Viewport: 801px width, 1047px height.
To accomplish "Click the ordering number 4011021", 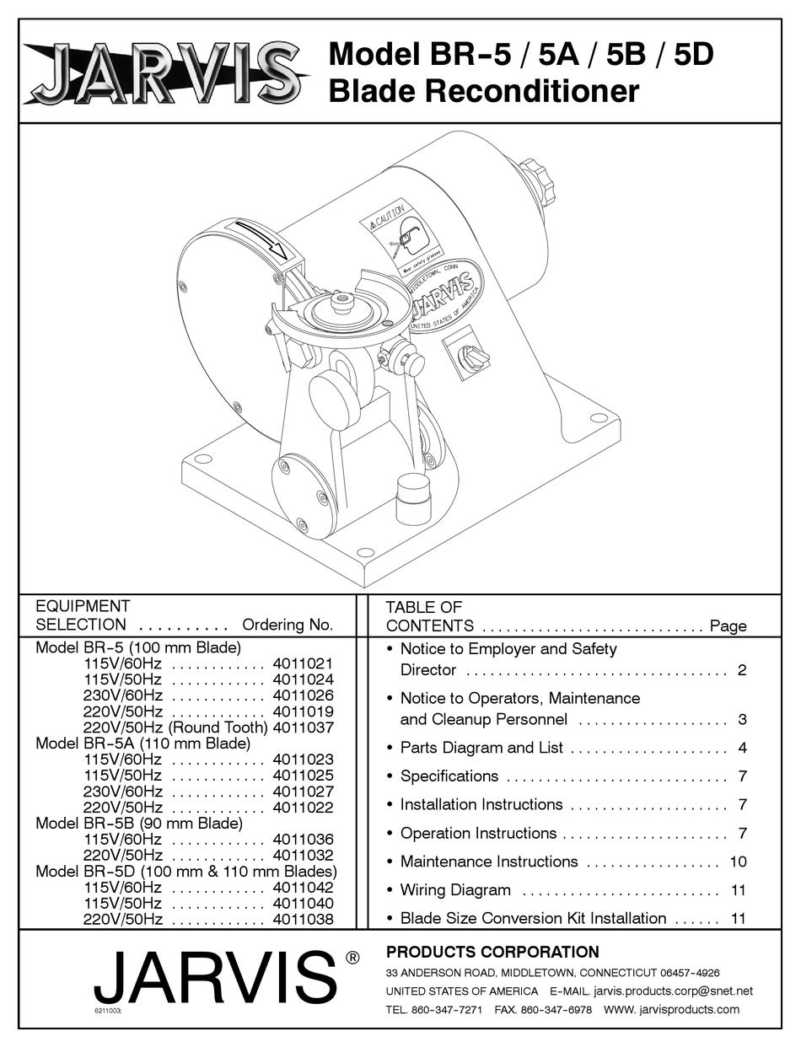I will tap(303, 663).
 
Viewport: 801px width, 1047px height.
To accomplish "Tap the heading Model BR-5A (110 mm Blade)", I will tap(142, 744).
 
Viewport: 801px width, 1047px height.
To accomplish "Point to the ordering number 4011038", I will tap(303, 920).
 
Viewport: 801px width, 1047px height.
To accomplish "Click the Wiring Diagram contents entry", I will tap(455, 890).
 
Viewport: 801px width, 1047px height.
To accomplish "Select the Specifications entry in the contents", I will tap(449, 776).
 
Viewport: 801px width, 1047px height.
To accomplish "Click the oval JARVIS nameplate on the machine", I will tap(444, 296).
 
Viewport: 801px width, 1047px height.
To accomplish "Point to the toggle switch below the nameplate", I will tap(469, 358).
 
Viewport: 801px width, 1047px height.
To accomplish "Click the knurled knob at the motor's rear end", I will tap(536, 180).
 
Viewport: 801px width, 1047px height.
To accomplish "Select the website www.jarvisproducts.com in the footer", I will tap(671, 1009).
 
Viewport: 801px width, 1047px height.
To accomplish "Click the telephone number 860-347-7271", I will tap(446, 1009).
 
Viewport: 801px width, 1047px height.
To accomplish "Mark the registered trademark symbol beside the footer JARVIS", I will tap(352, 958).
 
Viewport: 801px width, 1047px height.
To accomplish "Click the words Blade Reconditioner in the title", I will tap(483, 91).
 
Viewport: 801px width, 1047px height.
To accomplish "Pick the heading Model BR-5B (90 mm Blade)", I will tap(138, 824).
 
